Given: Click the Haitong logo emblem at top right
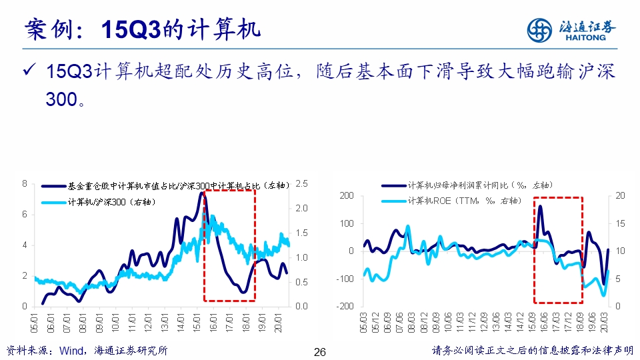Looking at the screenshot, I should click(540, 30).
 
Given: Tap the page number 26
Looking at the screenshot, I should click(319, 351).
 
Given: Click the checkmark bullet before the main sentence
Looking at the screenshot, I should click(29, 71).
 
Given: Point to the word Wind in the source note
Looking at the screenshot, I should click(73, 351).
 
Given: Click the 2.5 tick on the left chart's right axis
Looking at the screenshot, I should click(301, 184).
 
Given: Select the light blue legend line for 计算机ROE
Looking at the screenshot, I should click(393, 199).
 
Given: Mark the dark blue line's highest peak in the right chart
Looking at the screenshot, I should click(539, 206).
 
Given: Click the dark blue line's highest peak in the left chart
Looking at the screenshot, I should click(201, 193).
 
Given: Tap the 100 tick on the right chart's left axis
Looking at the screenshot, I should click(347, 223).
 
